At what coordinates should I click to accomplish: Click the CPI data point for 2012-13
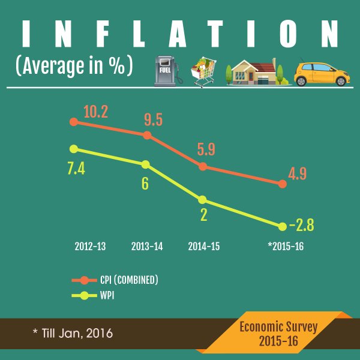click(74, 122)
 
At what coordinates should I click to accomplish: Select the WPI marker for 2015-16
click(282, 226)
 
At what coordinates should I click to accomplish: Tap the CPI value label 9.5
click(154, 119)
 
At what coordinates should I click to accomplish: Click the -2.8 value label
click(302, 226)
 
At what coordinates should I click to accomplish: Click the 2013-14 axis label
click(147, 247)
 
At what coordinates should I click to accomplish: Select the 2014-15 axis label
click(203, 247)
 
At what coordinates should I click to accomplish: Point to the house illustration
click(257, 73)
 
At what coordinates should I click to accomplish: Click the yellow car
click(322, 73)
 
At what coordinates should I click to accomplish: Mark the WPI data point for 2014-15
click(202, 200)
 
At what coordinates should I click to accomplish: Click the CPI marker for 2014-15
click(203, 166)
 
